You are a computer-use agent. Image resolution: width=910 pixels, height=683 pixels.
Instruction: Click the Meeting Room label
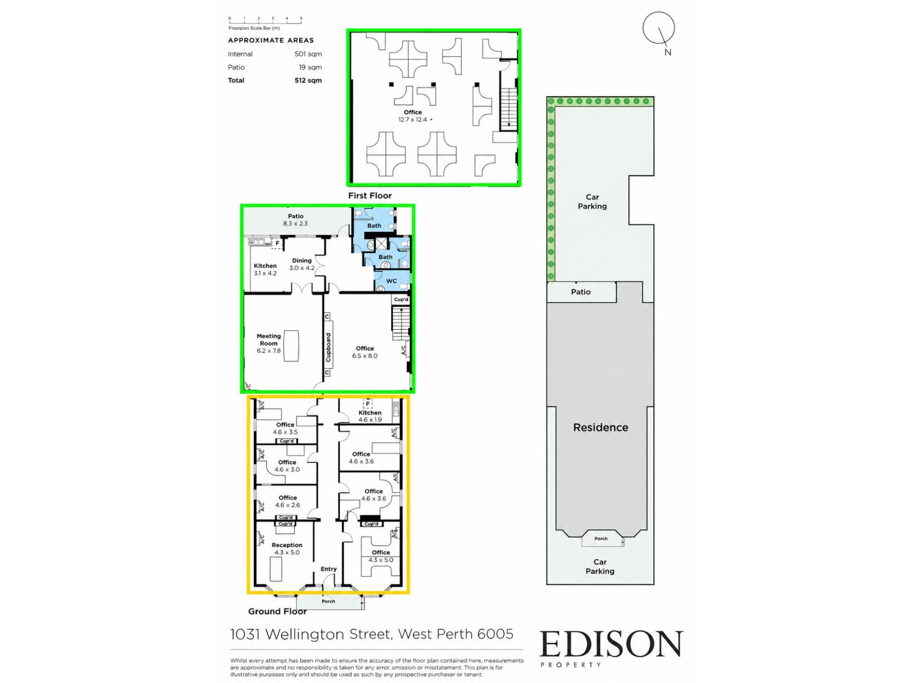coord(269,340)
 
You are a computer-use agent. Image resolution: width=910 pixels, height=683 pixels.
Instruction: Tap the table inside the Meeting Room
coord(291,346)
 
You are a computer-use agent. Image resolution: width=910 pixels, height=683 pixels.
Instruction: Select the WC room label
coord(391,281)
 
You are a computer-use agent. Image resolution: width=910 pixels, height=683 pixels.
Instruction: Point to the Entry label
coord(328,569)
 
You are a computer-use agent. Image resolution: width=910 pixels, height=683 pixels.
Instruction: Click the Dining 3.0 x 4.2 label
coord(302,264)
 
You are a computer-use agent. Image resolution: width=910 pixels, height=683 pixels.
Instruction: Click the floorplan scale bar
coord(265,20)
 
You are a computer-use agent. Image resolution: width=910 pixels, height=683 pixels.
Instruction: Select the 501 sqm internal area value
coord(308,54)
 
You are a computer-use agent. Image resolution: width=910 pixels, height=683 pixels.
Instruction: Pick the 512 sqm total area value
coord(308,80)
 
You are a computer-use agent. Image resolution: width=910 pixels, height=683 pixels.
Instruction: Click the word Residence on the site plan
coord(601,427)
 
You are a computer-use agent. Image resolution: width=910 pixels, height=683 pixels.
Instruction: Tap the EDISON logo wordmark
coord(611,644)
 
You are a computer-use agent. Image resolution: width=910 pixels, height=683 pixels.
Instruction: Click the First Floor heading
coord(370,195)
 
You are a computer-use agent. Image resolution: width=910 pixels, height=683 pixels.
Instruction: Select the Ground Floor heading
coord(277,611)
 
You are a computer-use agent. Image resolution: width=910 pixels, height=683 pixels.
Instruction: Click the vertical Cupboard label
coord(328,347)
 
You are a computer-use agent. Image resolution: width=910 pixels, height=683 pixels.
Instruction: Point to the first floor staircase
coord(509,109)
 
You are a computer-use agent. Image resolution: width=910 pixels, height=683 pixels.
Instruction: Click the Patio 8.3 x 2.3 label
coord(296,220)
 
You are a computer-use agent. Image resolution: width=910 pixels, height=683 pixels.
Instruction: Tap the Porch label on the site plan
coord(601,538)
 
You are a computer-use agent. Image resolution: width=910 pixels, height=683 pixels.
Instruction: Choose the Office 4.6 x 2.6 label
coord(288,501)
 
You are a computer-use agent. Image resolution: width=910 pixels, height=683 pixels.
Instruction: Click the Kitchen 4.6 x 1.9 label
coord(370,416)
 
